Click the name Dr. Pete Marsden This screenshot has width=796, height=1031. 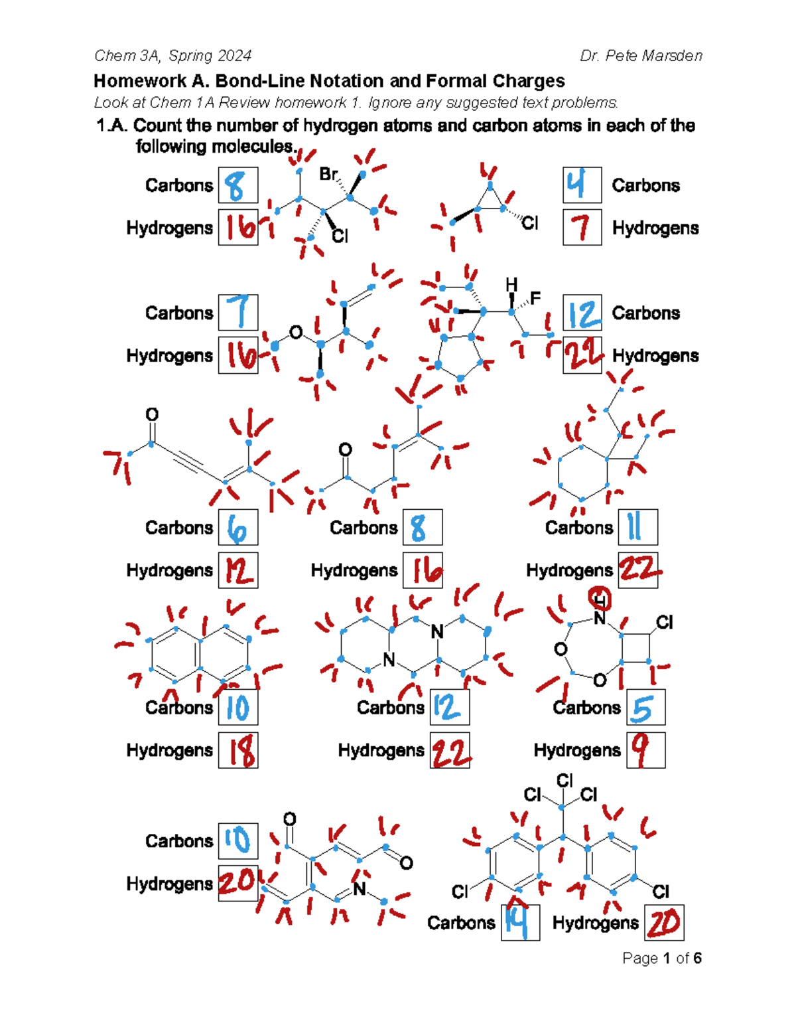641,56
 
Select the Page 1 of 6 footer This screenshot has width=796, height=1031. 662,958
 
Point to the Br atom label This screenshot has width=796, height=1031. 328,174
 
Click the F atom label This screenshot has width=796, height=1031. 535,298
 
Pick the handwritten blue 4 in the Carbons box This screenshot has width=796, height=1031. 576,185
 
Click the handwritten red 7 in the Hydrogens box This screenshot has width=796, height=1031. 581,227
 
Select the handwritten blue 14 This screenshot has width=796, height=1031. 516,923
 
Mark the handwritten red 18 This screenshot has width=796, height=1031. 242,751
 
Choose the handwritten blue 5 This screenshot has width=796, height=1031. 643,708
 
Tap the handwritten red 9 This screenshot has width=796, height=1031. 641,750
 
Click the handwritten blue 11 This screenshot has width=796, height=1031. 634,527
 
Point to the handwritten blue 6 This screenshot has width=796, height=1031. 237,528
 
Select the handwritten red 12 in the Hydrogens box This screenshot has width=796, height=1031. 239,571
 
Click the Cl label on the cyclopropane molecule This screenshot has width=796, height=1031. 529,222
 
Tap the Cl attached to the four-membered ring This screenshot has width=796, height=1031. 664,622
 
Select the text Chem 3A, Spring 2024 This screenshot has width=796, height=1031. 173,56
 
